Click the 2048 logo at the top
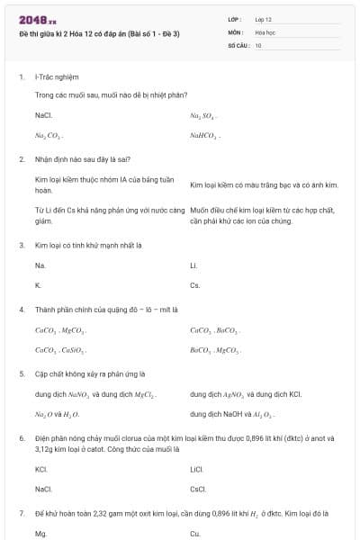coord(37,20)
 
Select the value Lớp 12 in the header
coord(264,19)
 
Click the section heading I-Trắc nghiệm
coord(50,77)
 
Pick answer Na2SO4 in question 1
coord(203,116)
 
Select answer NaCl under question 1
coord(43,115)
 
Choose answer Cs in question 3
coord(194,284)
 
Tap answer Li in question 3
coord(193,265)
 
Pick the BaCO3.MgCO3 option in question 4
coord(215,349)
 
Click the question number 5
coord(21,373)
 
